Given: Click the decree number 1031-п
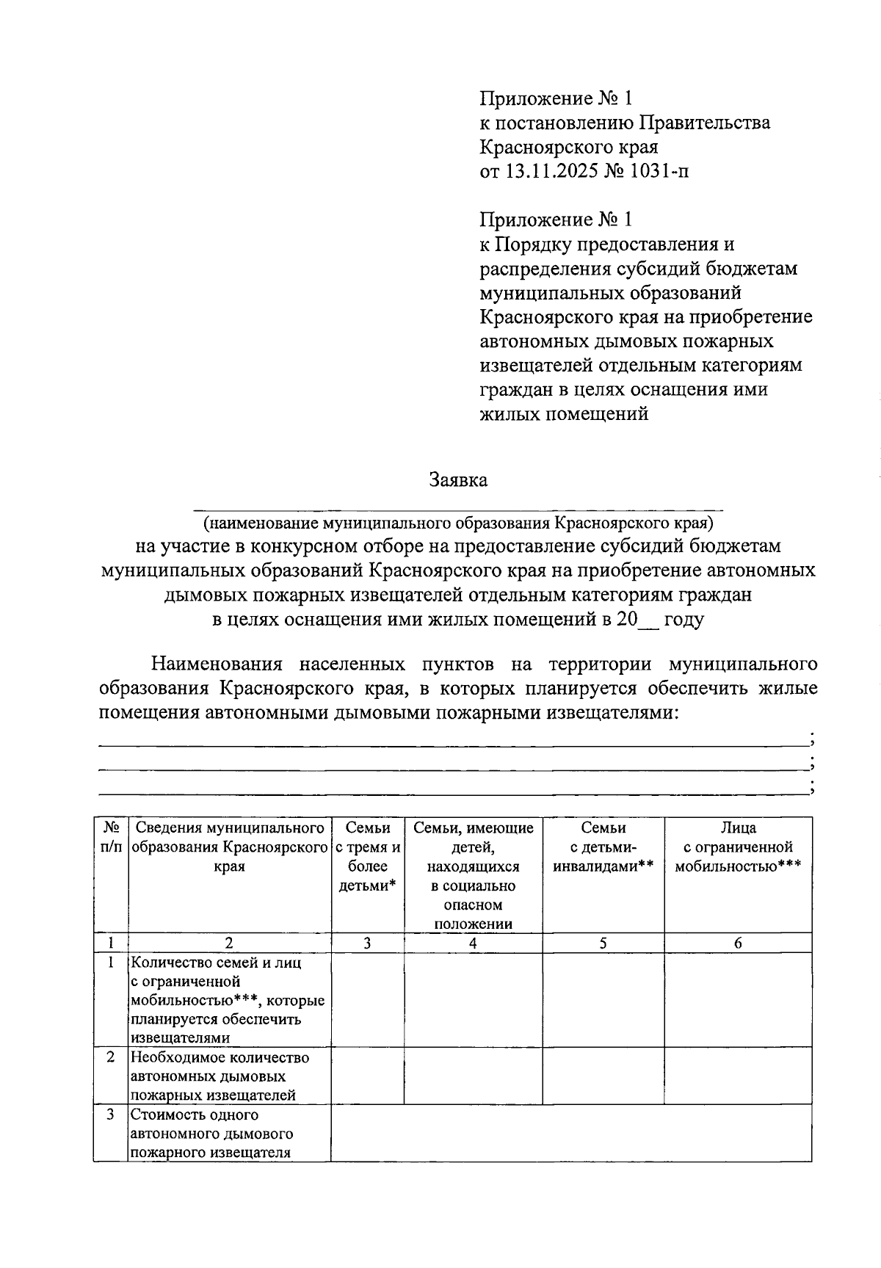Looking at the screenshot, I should pos(659,171).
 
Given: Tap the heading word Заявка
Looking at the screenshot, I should pos(458,480).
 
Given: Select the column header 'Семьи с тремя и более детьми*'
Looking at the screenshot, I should pos(368,857).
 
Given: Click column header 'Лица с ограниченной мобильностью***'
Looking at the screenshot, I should pos(738,847).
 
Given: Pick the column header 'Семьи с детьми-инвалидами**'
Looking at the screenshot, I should pos(603,847).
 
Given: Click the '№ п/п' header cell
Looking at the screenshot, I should pos(112,838).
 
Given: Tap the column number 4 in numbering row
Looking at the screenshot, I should pos(473,943).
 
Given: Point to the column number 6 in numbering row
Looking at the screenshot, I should pos(738,943).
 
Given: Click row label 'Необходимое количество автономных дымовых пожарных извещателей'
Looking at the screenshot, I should pos(220,1076).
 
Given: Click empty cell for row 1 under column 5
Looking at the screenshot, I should pos(603,999).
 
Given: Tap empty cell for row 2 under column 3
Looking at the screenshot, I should pos(368,1076).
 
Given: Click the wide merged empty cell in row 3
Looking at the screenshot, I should pos(571,1134).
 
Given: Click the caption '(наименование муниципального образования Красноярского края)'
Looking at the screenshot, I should pos(458,523).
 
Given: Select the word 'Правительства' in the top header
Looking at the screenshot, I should pos(705,123).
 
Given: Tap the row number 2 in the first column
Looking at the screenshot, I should pos(111,1058).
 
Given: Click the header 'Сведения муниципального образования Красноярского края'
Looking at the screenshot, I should pos(230,847).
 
